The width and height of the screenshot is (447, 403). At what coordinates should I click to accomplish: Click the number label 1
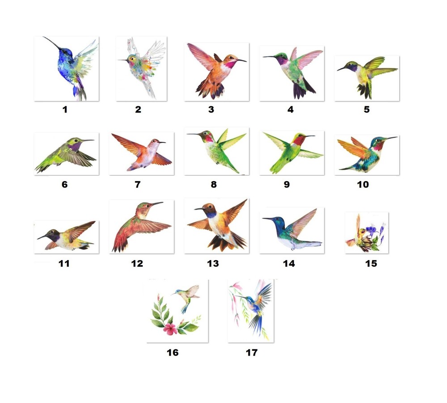(65, 109)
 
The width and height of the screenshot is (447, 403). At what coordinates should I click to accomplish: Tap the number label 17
(252, 353)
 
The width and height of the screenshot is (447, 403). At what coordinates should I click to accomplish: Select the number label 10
(363, 184)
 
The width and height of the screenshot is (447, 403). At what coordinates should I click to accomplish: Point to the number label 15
(371, 263)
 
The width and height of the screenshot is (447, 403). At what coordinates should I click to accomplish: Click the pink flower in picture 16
(170, 329)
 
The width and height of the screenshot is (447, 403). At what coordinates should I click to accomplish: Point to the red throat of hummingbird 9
(298, 141)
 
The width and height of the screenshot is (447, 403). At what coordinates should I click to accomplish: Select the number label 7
(137, 184)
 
